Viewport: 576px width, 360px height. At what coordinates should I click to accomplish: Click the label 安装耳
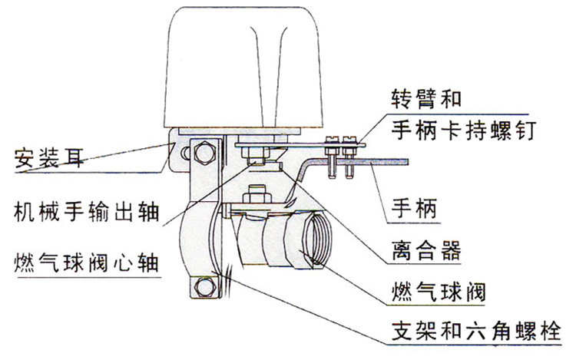(x=47, y=160)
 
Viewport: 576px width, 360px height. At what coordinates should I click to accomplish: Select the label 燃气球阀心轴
(x=84, y=261)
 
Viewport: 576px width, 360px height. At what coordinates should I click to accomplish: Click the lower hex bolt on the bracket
(x=203, y=289)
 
